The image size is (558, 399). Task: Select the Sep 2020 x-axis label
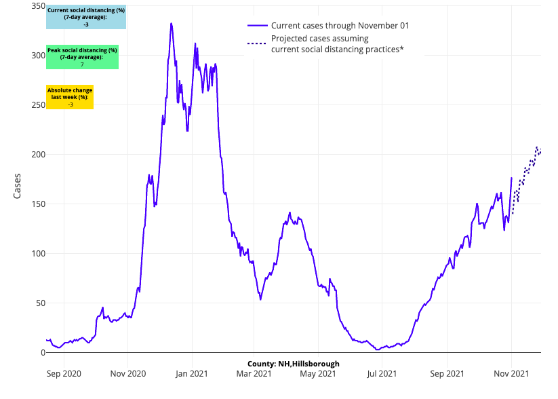coord(63,373)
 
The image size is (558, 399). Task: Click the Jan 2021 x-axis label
coord(192,373)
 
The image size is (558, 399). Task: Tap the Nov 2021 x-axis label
coord(511,373)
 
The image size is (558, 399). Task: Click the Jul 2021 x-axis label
coord(382,373)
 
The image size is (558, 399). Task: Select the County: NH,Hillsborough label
coord(293,364)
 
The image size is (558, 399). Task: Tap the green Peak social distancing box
coord(82,57)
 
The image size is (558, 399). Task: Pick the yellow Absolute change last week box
coord(70,97)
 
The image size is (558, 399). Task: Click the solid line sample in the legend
coord(256,25)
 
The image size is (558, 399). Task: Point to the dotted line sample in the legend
coord(256,43)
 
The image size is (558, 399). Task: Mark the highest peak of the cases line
coord(171,23)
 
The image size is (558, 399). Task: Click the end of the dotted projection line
coord(540,151)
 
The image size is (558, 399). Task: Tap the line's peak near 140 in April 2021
coord(290,212)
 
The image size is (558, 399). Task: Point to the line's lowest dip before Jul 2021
coord(377,349)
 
